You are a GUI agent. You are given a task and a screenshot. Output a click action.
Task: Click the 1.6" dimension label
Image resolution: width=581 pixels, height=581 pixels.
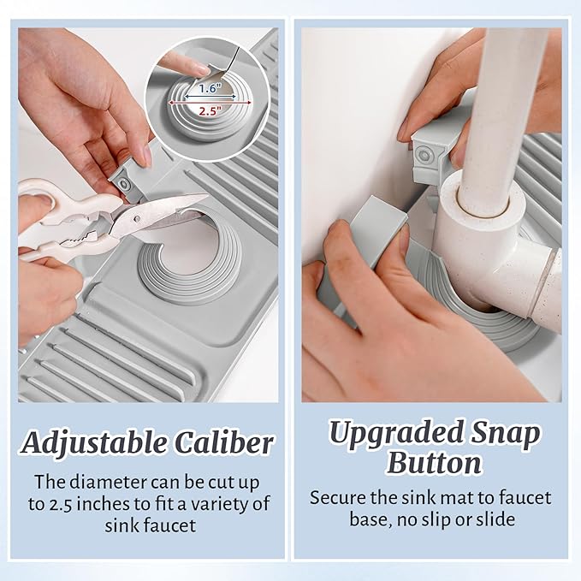(x=210, y=88)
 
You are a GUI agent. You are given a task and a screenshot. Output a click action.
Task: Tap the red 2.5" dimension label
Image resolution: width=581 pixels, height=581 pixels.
(x=210, y=110)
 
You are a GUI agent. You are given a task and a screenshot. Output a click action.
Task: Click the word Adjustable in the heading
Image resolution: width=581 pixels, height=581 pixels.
(x=94, y=443)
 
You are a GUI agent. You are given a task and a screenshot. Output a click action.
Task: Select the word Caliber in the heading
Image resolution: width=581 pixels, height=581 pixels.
(x=224, y=442)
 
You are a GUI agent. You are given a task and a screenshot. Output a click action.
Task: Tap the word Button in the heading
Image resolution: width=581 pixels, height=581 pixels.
(x=434, y=463)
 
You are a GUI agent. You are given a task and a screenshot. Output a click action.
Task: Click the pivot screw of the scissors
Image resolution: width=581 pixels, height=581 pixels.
(x=137, y=219)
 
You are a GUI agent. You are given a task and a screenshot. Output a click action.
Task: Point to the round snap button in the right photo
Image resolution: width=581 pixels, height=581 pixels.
(x=424, y=154)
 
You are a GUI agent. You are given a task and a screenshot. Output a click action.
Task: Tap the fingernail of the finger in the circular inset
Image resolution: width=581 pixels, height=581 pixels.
(x=203, y=69)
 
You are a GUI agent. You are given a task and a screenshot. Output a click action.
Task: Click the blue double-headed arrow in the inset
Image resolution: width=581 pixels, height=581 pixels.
(x=210, y=97)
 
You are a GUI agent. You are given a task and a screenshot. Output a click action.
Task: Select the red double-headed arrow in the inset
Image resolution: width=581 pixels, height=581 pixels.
(x=210, y=103)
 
